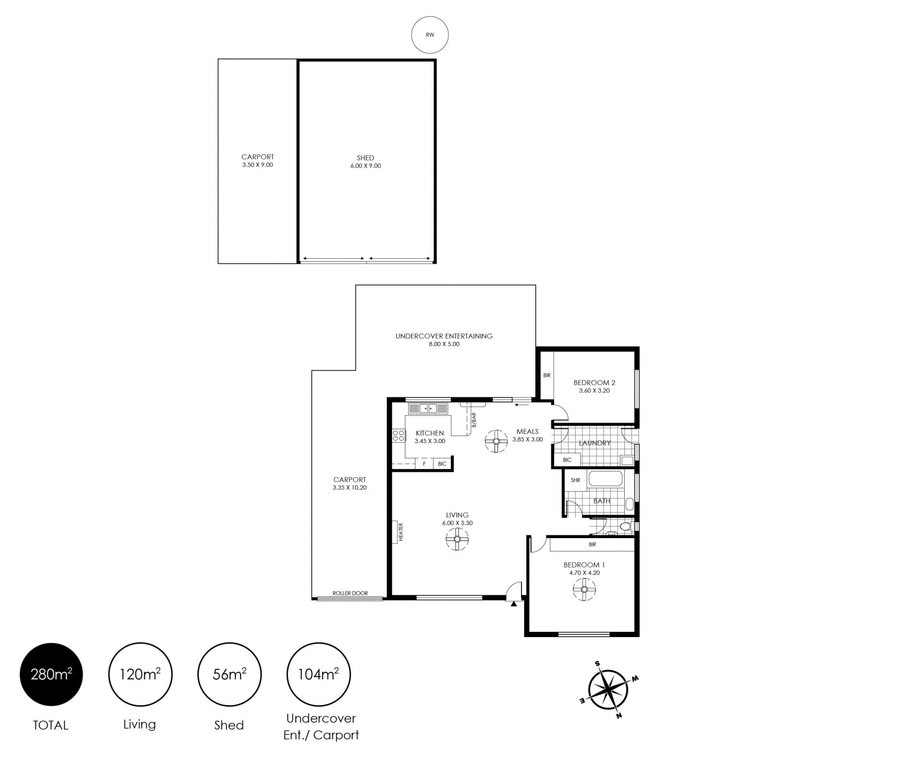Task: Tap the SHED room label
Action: (365, 158)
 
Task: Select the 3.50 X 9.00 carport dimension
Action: (257, 165)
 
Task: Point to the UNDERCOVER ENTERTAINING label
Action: (444, 336)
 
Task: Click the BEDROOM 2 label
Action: (594, 383)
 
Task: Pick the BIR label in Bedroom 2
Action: (547, 375)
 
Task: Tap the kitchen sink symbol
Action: (428, 409)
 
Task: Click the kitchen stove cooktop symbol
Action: (399, 435)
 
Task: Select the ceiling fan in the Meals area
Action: (496, 441)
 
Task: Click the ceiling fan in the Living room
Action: (457, 539)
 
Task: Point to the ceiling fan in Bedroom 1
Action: (584, 589)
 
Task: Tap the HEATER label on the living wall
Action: (401, 531)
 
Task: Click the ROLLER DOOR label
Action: (350, 593)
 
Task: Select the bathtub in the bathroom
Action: (606, 479)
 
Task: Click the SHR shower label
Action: (575, 480)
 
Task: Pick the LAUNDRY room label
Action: (594, 443)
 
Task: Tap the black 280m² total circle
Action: (51, 675)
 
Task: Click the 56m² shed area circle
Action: (230, 675)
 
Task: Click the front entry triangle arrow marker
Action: (514, 604)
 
